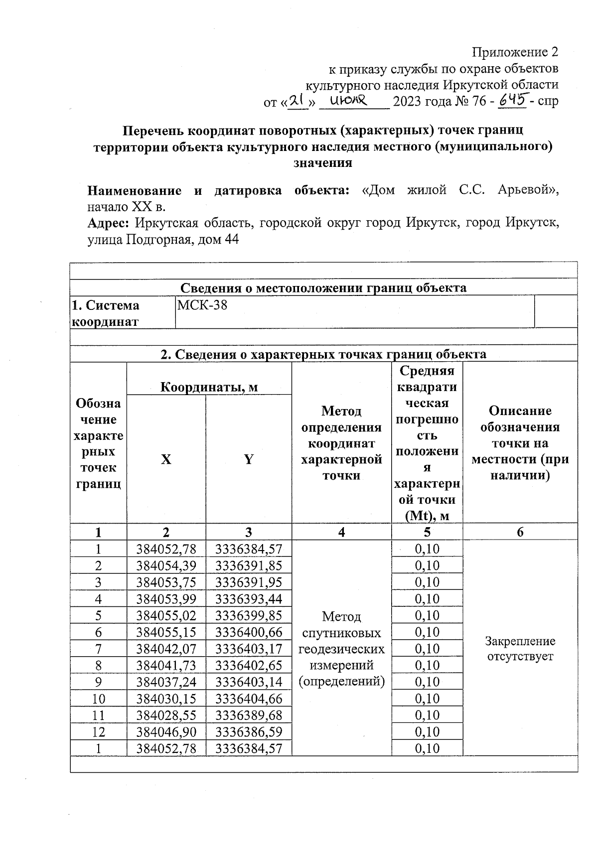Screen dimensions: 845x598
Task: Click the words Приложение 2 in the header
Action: click(515, 52)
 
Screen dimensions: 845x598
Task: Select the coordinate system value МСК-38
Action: click(202, 305)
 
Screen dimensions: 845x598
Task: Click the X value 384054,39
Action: click(166, 565)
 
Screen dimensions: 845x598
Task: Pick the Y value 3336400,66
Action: click(249, 632)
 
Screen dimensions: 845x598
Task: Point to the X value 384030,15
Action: click(166, 699)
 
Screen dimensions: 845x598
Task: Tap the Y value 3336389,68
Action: click(249, 715)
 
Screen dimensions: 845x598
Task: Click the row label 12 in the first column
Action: click(98, 732)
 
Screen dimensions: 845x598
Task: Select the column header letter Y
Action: click(248, 459)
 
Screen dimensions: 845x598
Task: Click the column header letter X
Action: click(166, 459)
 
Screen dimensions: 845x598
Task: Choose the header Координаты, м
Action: click(209, 387)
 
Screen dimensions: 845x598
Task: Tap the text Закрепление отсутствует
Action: click(520, 648)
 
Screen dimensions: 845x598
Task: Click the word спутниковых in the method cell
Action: click(341, 633)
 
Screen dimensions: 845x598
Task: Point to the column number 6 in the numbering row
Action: click(520, 532)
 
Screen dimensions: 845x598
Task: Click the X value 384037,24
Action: click(166, 682)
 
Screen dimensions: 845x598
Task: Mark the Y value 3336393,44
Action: click(249, 599)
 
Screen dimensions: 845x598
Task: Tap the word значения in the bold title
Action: click(323, 162)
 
